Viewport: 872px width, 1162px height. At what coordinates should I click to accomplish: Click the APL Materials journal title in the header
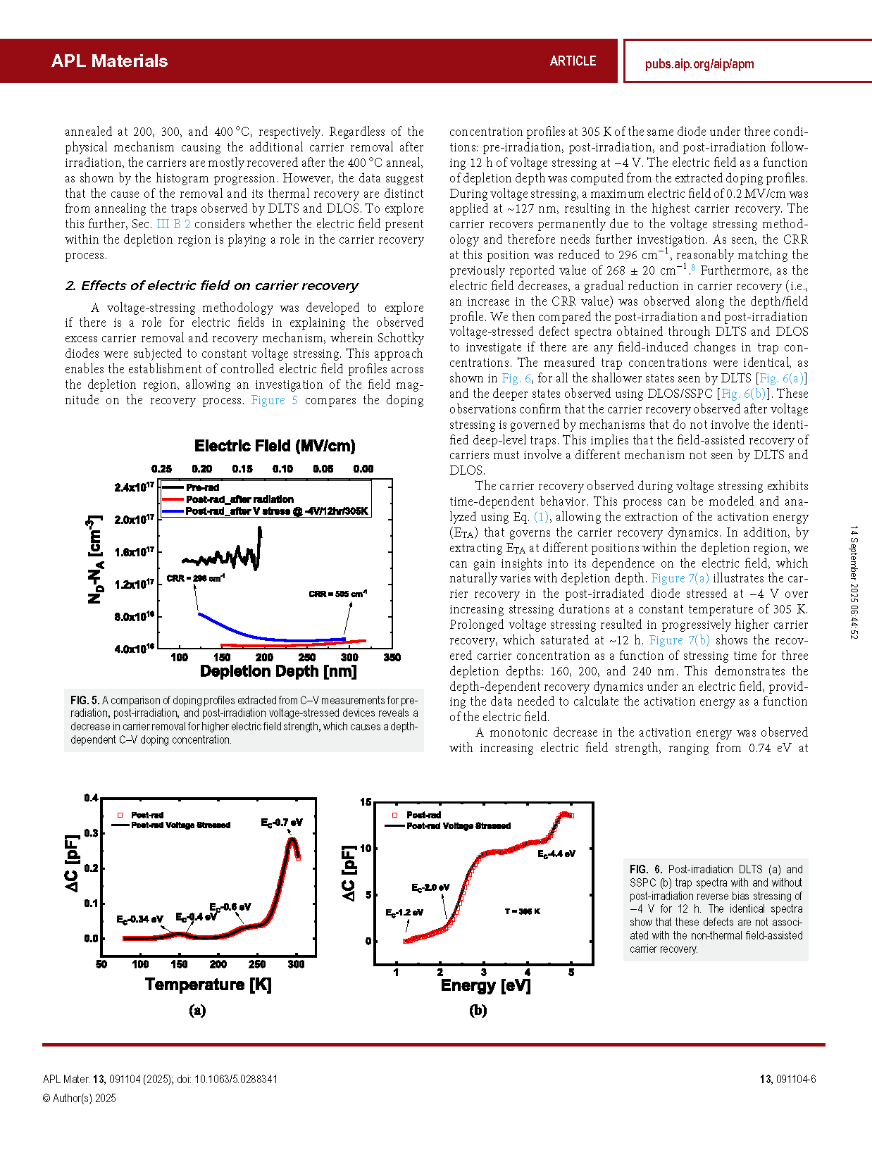(109, 61)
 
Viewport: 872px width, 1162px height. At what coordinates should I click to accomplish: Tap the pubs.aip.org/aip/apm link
(699, 64)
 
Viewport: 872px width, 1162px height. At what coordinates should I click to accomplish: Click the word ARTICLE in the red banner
(573, 61)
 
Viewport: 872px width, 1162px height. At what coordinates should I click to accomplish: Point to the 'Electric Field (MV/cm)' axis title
(275, 446)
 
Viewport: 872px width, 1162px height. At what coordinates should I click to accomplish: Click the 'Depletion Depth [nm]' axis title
(278, 671)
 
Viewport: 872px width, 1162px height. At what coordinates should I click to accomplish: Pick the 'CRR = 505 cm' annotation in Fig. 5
(337, 594)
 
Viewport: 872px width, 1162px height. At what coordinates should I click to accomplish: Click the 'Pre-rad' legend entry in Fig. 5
(203, 487)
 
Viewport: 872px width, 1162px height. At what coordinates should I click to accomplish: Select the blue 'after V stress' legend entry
(277, 511)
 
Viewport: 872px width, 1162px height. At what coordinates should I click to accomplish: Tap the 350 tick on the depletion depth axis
(392, 657)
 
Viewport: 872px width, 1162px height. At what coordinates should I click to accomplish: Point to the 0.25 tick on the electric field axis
(162, 469)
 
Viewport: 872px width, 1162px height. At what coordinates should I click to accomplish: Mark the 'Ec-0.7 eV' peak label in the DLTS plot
(282, 823)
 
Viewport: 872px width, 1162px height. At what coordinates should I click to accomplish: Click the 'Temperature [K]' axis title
(208, 985)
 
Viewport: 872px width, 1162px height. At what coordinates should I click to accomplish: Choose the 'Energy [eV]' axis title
(485, 985)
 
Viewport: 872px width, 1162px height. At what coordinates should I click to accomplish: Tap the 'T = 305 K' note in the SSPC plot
(522, 911)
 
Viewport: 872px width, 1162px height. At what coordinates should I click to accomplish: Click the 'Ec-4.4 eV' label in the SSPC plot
(556, 854)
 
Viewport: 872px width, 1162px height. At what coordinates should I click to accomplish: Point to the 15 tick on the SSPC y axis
(366, 802)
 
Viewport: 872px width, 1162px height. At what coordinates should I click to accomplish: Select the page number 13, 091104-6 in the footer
(787, 1079)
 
